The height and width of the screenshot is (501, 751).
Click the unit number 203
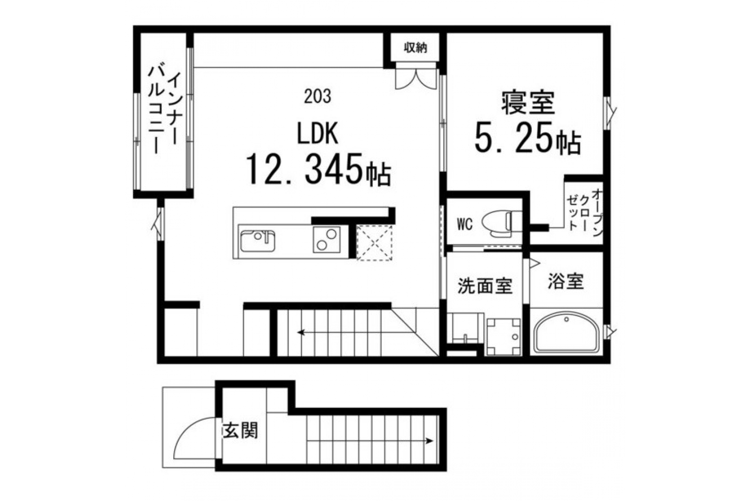click(317, 96)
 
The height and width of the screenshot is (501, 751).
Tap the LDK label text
click(317, 134)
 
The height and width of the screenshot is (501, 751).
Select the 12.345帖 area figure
click(318, 169)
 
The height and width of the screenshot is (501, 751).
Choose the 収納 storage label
click(415, 48)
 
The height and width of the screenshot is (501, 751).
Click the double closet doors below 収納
click(416, 78)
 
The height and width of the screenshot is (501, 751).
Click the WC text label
click(464, 224)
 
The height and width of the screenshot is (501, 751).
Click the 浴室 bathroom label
click(565, 281)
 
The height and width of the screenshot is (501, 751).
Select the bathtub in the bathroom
click(566, 332)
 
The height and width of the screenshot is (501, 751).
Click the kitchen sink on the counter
click(257, 241)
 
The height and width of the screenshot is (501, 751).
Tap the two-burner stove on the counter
click(326, 239)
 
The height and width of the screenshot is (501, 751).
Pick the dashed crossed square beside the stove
click(374, 242)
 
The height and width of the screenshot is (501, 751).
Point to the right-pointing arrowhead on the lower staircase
click(429, 441)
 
